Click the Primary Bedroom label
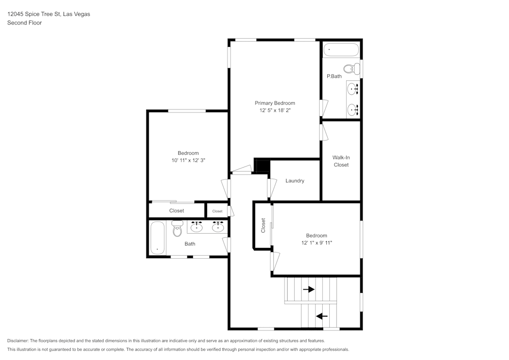(275, 103)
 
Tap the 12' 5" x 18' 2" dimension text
(275, 110)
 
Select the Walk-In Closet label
(341, 161)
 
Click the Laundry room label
(295, 181)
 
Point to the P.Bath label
(334, 76)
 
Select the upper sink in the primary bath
(353, 90)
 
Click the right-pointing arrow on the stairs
(308, 289)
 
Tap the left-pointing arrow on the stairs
(322, 316)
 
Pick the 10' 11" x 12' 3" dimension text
(188, 160)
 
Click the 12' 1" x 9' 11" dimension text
(317, 243)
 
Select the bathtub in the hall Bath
(158, 238)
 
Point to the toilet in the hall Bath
(177, 230)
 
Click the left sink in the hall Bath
(196, 227)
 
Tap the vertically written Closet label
(263, 226)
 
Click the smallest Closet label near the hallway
(217, 211)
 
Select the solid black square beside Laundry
(262, 167)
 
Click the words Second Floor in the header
(24, 23)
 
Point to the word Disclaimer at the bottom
(18, 341)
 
